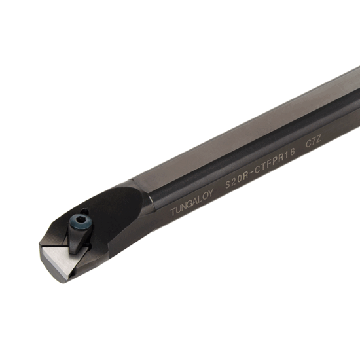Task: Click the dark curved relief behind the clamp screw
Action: point(115,209)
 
